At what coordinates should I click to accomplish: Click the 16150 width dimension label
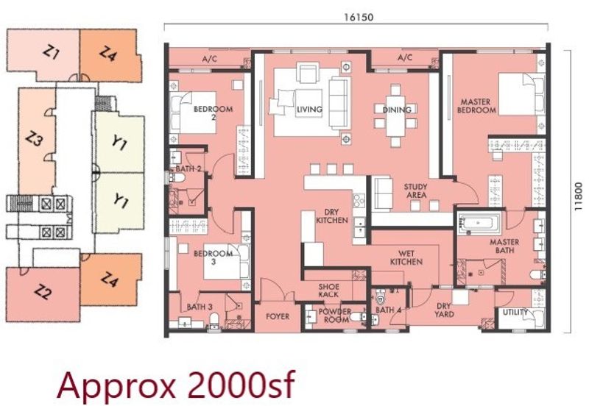[x=359, y=17]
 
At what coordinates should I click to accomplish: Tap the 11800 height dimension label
[x=579, y=196]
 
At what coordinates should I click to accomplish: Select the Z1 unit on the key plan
[x=43, y=55]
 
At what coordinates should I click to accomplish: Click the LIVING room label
[x=309, y=109]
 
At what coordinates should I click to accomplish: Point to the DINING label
[x=397, y=110]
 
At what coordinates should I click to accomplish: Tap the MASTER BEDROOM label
[x=476, y=106]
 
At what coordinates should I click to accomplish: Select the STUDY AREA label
[x=416, y=190]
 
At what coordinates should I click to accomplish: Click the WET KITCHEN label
[x=406, y=257]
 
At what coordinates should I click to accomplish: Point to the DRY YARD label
[x=444, y=310]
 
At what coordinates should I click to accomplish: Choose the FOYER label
[x=278, y=316]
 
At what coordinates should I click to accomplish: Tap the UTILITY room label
[x=515, y=312]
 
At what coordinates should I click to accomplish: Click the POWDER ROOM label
[x=335, y=316]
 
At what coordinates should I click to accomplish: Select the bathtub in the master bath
[x=479, y=224]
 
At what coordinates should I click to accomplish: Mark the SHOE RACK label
[x=328, y=291]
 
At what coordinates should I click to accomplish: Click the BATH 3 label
[x=200, y=307]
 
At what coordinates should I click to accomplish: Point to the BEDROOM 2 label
[x=213, y=113]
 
